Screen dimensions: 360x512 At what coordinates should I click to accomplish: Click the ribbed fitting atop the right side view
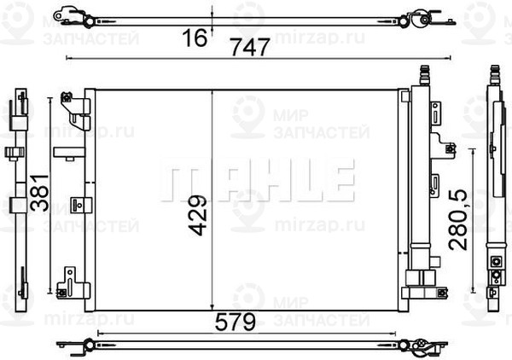coord(492,74)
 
